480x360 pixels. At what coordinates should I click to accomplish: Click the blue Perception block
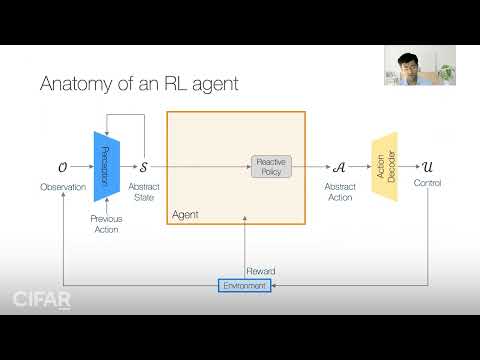[x=107, y=164]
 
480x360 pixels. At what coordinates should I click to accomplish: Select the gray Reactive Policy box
[x=271, y=166]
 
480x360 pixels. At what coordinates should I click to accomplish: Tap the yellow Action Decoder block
[x=384, y=165]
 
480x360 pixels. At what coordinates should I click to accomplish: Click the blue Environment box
[x=244, y=286]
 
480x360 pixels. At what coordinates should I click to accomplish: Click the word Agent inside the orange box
[x=187, y=215]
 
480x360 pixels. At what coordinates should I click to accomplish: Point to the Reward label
[x=261, y=271]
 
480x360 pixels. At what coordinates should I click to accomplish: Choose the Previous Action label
[x=105, y=224]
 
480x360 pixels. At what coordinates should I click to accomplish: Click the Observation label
[x=63, y=187]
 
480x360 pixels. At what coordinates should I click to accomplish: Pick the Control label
[x=427, y=183]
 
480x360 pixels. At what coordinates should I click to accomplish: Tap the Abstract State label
[x=144, y=192]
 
